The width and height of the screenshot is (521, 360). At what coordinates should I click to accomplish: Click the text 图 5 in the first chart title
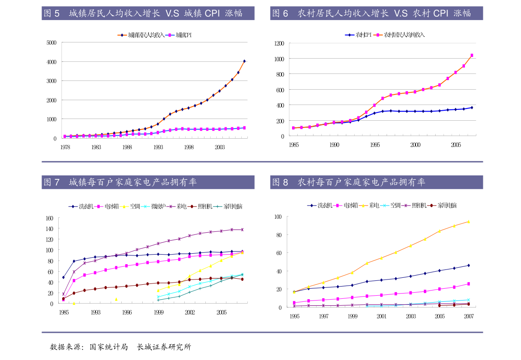click(x=52, y=13)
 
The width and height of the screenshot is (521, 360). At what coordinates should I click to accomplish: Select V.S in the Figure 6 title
click(x=401, y=13)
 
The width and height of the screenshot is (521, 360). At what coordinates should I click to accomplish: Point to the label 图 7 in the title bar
click(x=52, y=182)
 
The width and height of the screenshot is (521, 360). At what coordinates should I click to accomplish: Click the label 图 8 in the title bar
click(x=280, y=182)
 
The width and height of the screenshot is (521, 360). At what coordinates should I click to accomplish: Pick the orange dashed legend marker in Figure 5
click(x=122, y=35)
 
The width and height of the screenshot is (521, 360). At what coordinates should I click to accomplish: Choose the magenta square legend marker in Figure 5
click(x=170, y=35)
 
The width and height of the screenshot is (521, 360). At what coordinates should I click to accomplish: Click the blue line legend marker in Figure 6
click(x=349, y=35)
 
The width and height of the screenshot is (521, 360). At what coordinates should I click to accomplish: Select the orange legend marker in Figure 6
click(x=377, y=35)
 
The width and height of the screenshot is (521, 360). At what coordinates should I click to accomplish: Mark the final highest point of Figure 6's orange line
click(x=472, y=55)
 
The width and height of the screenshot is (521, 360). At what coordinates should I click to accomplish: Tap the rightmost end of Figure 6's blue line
click(x=472, y=107)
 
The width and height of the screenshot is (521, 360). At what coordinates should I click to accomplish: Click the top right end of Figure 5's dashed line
click(x=244, y=61)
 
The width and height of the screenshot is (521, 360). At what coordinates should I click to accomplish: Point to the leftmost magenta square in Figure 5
click(x=65, y=136)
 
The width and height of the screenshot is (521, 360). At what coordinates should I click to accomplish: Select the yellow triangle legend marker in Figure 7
click(x=124, y=206)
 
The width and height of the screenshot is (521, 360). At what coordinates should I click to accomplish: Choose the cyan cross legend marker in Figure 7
click(x=145, y=206)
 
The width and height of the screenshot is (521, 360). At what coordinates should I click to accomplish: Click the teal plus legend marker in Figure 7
click(x=218, y=206)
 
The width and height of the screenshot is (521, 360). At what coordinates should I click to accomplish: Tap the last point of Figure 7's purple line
click(x=242, y=229)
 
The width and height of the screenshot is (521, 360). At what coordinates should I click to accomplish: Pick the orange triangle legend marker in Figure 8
click(x=363, y=205)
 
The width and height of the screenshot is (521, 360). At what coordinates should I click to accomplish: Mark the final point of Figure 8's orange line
click(x=468, y=222)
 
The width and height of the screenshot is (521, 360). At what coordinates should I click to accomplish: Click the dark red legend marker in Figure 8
click(x=432, y=205)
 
